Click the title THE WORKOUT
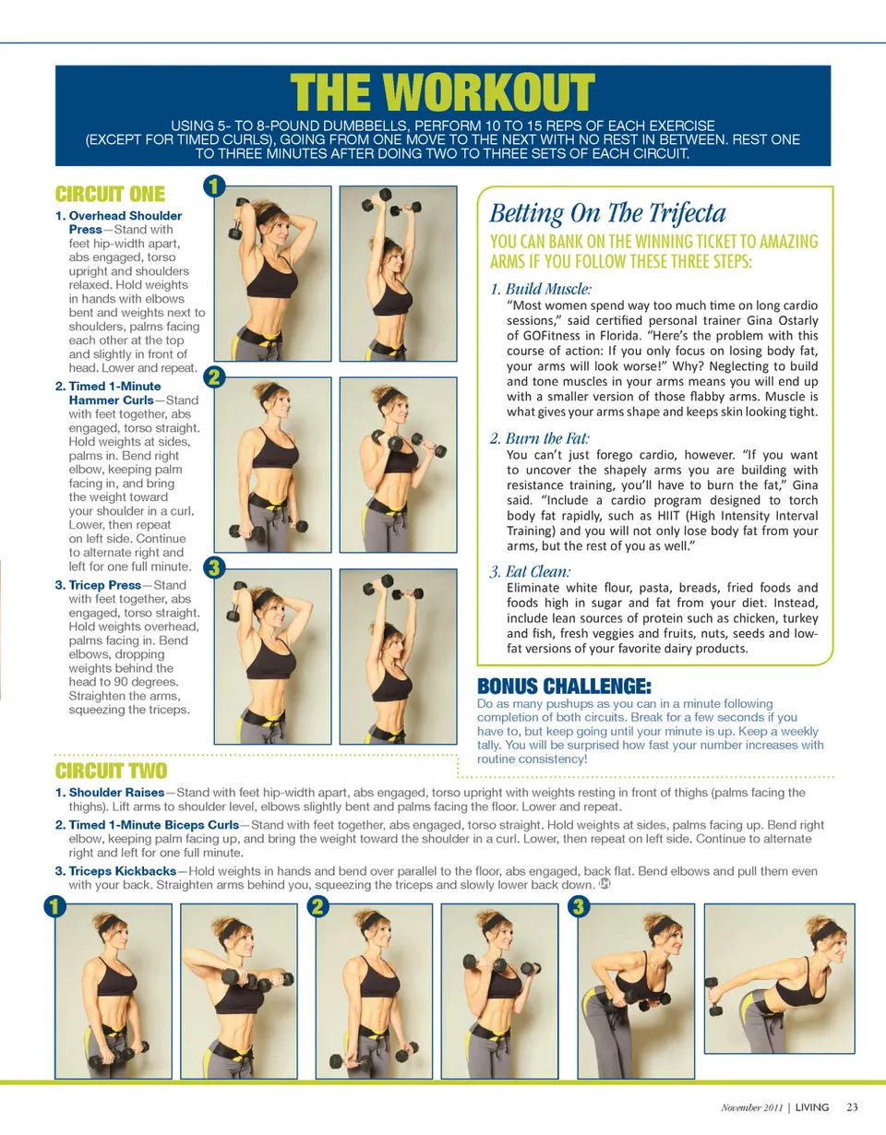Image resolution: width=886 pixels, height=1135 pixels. click(442, 92)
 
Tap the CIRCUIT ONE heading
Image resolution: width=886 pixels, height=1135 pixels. click(110, 194)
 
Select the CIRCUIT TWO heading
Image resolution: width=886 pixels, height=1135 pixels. click(112, 771)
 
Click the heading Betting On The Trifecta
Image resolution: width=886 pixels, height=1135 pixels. click(607, 213)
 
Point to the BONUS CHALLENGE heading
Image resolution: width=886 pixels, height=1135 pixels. click(564, 686)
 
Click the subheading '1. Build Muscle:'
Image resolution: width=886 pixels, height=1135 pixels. click(541, 289)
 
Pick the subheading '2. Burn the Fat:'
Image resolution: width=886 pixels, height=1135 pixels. click(539, 437)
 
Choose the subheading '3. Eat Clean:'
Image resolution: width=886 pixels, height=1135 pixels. click(531, 571)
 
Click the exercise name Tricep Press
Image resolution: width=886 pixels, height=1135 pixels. click(105, 585)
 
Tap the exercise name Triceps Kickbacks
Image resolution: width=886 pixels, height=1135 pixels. click(122, 871)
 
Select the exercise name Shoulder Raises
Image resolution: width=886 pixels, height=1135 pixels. click(116, 793)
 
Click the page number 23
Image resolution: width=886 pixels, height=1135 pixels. click(852, 1107)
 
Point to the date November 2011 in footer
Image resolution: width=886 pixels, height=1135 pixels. click(752, 1107)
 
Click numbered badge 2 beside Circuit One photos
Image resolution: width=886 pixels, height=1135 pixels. click(214, 376)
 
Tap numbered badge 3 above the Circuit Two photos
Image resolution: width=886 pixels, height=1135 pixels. click(579, 906)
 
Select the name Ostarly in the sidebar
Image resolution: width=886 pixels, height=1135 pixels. click(796, 321)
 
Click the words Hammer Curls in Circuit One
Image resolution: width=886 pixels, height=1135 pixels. click(112, 400)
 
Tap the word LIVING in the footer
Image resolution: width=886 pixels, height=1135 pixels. click(812, 1107)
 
